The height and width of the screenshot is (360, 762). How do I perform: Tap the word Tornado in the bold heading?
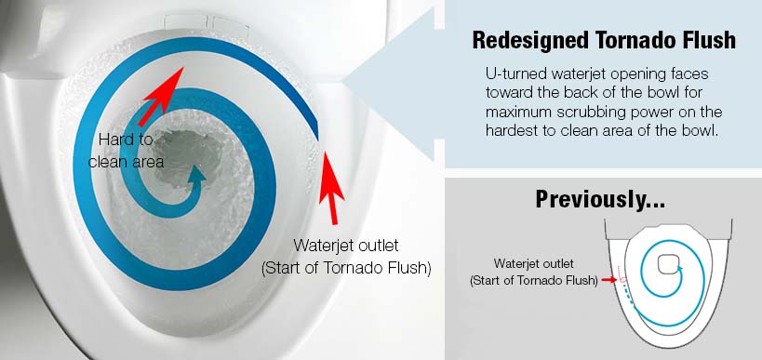point(621,40)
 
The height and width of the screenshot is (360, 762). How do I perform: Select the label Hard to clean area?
point(126,150)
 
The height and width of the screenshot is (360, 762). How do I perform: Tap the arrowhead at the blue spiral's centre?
point(195,175)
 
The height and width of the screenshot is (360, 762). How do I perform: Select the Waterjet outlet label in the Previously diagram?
point(533,272)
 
